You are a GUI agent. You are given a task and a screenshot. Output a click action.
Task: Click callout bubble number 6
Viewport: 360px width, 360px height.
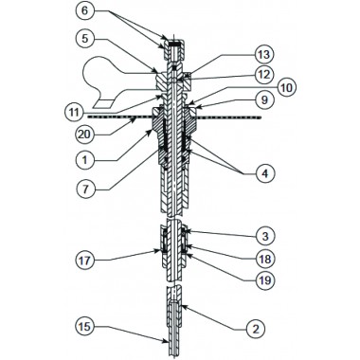[85, 11]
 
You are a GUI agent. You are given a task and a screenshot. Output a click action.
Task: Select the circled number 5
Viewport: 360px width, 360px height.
[85, 39]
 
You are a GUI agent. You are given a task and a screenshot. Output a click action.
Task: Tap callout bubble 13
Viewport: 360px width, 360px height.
[264, 55]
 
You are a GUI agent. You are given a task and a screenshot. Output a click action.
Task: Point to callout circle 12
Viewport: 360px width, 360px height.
[264, 75]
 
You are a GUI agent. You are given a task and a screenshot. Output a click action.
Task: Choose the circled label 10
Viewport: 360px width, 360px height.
[285, 88]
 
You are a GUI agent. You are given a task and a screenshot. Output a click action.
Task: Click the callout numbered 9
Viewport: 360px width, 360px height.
[264, 100]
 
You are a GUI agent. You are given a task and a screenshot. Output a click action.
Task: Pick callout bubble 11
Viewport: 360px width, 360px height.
[74, 112]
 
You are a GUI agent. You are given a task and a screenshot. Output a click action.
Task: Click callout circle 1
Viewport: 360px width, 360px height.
[85, 160]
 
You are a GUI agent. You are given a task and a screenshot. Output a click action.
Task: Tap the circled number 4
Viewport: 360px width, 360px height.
[264, 173]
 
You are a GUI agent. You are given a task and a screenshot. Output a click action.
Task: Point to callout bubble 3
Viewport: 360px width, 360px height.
[264, 236]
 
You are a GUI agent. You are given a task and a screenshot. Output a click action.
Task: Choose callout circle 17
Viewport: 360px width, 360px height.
[85, 261]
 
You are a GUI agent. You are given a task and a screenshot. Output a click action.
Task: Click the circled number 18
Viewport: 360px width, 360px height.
[264, 259]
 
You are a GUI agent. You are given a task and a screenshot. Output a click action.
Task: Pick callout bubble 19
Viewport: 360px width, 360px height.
[264, 279]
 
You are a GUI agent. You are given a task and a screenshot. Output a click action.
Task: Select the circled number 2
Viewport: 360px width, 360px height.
[256, 329]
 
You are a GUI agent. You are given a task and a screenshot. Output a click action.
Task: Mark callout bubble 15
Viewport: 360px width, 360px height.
[85, 326]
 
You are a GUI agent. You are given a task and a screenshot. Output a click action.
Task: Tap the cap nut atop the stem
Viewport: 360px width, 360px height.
[172, 50]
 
